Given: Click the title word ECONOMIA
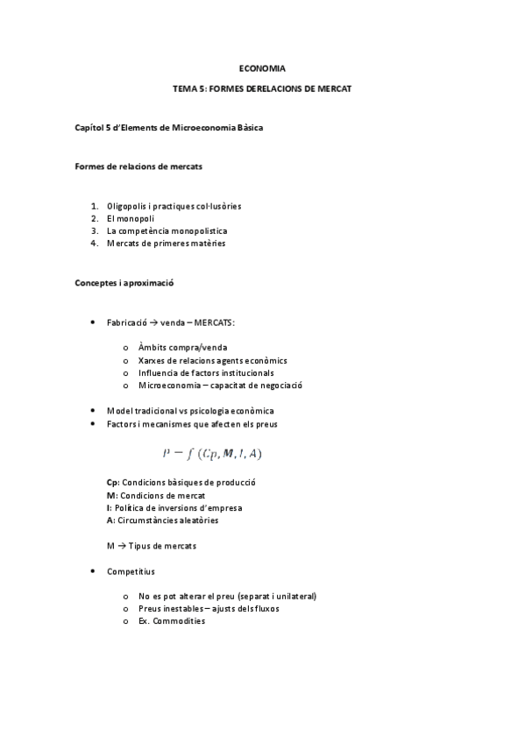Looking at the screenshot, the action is (x=262, y=67).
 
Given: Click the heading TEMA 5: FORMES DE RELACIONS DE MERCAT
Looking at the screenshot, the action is (x=262, y=90).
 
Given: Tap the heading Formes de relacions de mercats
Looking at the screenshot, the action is (x=129, y=166).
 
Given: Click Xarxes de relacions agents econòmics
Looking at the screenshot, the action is (x=213, y=360).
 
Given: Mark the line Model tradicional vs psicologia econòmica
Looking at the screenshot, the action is (x=190, y=411).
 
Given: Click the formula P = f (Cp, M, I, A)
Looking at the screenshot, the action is (x=213, y=453).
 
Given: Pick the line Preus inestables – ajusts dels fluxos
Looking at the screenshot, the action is (x=209, y=608).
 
